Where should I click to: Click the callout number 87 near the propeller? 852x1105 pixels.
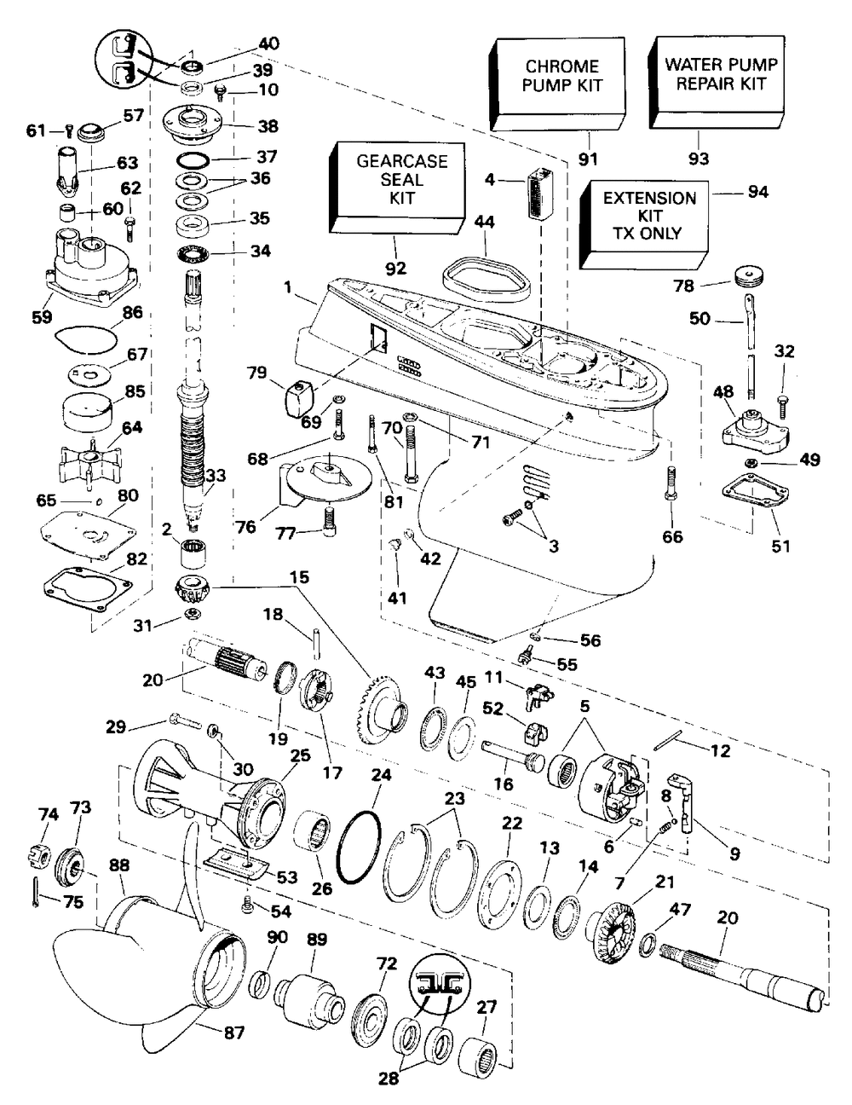click(x=233, y=1033)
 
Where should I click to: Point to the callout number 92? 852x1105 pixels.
click(x=395, y=268)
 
